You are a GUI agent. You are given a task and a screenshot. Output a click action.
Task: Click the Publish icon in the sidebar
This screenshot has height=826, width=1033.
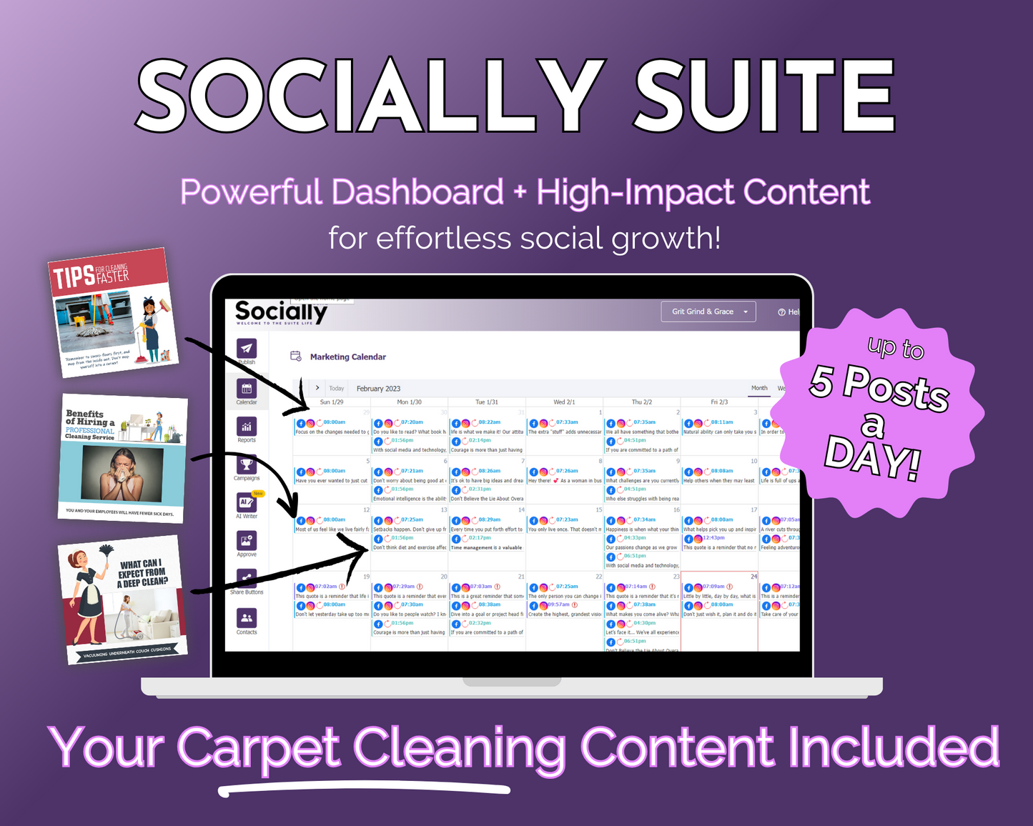(247, 349)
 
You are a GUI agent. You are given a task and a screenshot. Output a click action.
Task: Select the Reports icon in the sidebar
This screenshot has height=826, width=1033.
(247, 427)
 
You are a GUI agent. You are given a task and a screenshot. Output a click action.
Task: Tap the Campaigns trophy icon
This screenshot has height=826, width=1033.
(247, 464)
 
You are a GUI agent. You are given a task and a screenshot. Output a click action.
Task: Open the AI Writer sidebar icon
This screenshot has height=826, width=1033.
(247, 502)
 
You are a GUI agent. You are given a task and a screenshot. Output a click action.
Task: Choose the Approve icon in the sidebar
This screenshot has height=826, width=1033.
(247, 541)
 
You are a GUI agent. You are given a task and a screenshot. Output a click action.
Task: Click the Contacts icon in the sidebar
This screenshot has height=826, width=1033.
(247, 618)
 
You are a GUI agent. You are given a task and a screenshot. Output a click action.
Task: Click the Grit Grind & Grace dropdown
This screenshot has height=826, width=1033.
(708, 312)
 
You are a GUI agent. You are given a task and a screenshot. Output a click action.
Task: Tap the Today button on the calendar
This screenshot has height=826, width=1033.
(337, 389)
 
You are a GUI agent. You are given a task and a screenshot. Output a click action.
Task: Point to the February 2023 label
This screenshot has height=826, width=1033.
(378, 389)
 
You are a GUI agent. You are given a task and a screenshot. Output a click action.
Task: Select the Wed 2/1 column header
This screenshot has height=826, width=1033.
(564, 402)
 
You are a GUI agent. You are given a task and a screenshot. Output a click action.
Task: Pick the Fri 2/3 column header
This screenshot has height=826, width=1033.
(718, 402)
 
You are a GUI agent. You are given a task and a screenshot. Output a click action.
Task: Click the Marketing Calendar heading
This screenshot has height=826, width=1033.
(347, 357)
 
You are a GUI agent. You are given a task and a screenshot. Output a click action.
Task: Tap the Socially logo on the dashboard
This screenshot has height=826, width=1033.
(281, 312)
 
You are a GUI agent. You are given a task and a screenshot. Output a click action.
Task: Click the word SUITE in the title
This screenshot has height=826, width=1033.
(765, 96)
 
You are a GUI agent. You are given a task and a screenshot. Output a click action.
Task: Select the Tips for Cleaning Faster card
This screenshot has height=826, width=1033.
(113, 312)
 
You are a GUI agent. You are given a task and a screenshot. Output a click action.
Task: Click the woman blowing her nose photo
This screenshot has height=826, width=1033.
(122, 473)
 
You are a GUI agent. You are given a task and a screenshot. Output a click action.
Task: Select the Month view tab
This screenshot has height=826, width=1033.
(759, 388)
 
